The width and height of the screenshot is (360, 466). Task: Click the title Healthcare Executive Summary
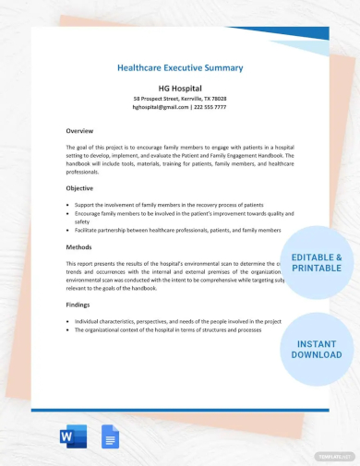[x=180, y=67]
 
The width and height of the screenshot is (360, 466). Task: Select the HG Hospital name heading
[x=180, y=86]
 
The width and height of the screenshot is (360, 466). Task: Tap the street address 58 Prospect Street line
[x=180, y=98]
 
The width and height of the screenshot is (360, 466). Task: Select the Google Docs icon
[x=108, y=437]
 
